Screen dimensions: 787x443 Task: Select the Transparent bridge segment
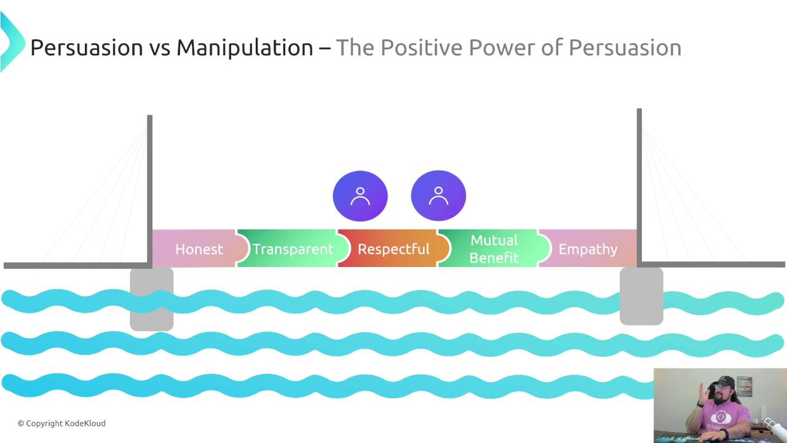pos(292,248)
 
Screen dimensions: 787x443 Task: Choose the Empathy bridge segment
pos(587,248)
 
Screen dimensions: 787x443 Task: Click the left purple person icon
pos(360,196)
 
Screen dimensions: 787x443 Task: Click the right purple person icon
pos(438,196)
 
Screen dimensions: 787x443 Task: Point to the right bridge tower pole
pos(639,186)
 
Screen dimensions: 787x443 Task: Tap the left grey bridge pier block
pos(152,299)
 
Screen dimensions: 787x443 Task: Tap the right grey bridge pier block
pos(641,297)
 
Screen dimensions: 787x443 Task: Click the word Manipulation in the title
pos(245,48)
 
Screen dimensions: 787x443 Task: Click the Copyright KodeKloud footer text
pos(62,423)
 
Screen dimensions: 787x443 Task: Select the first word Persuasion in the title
pos(87,47)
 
